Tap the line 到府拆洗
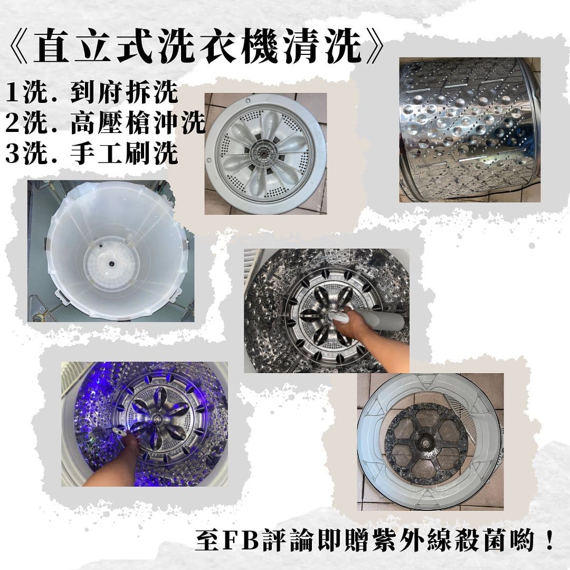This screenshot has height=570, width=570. pyautogui.click(x=124, y=93)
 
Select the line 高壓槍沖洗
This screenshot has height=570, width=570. pyautogui.click(x=137, y=123)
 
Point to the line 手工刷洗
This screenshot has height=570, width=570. pyautogui.click(x=124, y=154)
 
